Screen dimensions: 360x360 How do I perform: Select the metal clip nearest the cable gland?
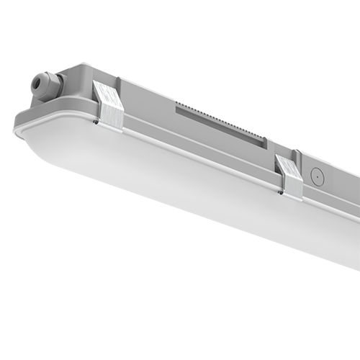click(109, 107)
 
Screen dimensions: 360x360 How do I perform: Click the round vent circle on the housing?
click(314, 174)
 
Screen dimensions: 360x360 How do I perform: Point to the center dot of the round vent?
click(314, 174)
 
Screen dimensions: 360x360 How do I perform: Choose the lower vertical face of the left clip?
click(113, 119)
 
